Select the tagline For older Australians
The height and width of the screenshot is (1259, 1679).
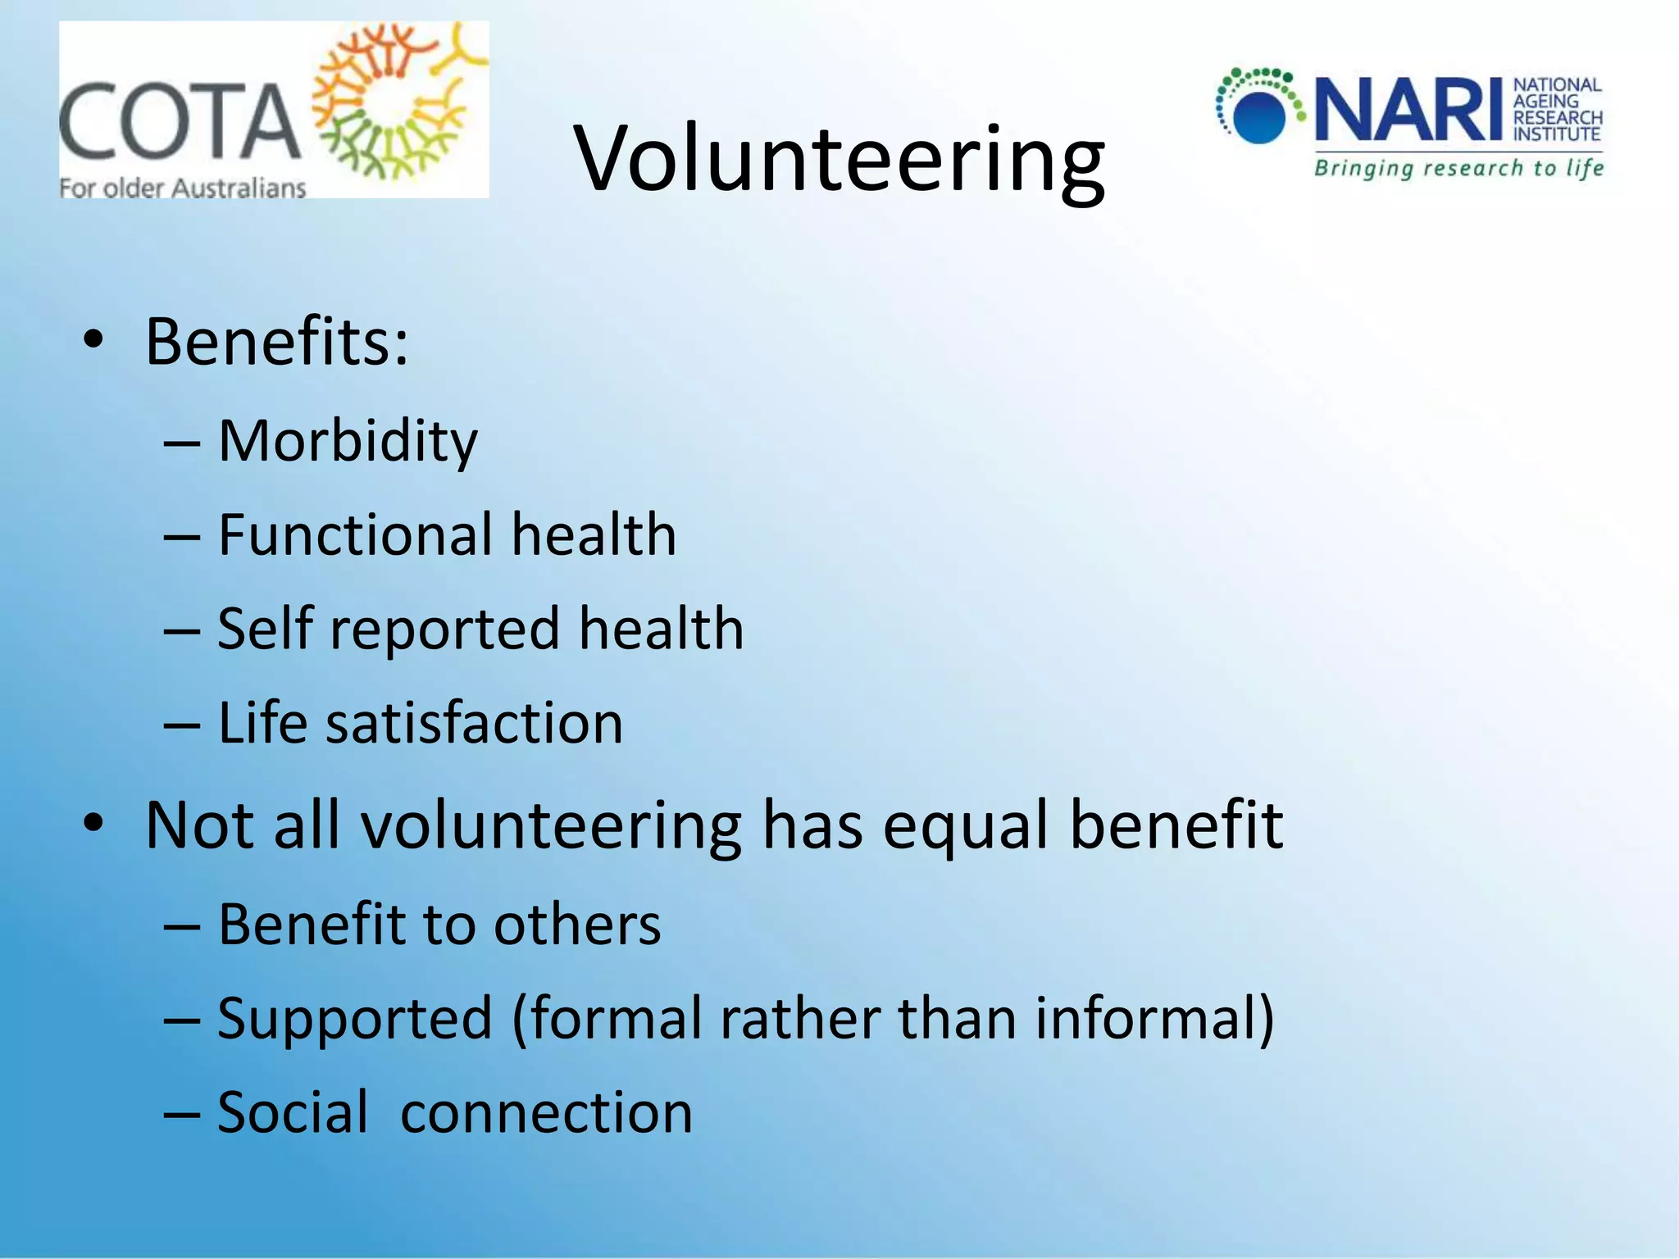[x=183, y=189]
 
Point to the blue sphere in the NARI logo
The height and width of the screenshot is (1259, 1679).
[x=1258, y=116]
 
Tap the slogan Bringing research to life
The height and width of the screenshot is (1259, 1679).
[x=1458, y=169]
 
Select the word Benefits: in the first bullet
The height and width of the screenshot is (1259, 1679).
[x=277, y=342]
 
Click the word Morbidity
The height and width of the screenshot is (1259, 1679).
[x=348, y=442]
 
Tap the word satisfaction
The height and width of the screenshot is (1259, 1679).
[x=475, y=723]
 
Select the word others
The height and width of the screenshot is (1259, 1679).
[x=577, y=925]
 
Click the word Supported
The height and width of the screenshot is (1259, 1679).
[x=354, y=1019]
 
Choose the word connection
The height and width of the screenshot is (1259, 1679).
[x=546, y=1112]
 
